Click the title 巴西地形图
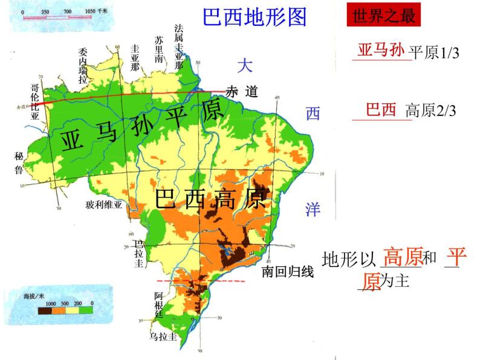coord(255,18)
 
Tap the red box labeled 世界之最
coord(383,16)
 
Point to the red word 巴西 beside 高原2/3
coord(381,110)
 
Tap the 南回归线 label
coord(288,272)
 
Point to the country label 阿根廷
coord(158,304)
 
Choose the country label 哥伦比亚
coord(35,103)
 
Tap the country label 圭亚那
coord(135,57)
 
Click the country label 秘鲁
coord(18,162)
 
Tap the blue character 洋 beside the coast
coord(312,210)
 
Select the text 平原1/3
coord(434,53)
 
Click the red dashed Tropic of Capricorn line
coord(199,281)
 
